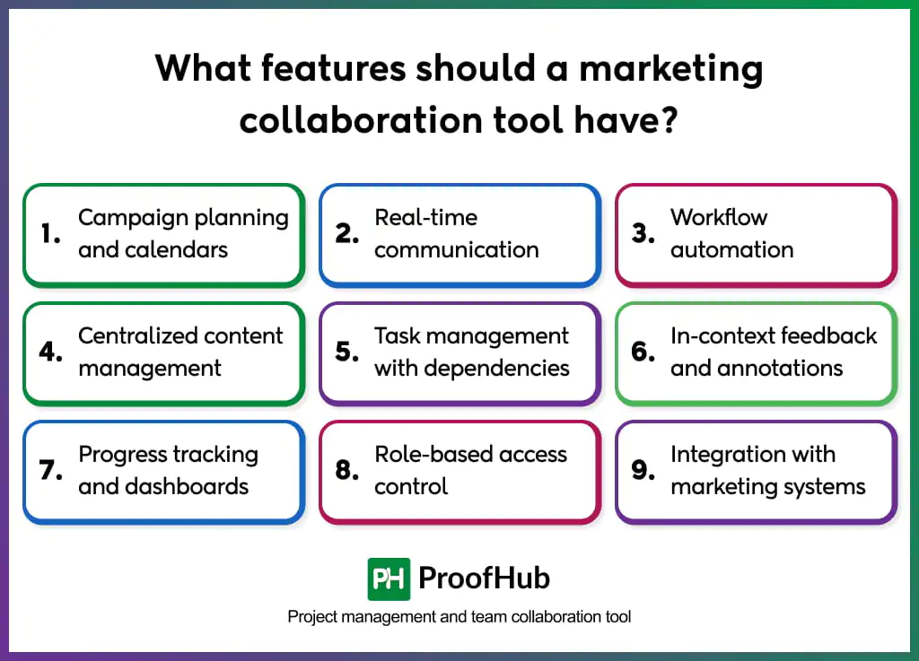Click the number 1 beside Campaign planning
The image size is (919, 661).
(x=49, y=234)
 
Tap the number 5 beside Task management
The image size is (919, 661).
(x=346, y=352)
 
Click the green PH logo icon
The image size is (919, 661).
(x=389, y=578)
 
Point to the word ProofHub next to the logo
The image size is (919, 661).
(x=484, y=578)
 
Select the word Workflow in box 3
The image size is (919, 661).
(x=719, y=218)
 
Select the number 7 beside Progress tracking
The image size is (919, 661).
(x=49, y=471)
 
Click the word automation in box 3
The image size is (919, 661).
(x=731, y=250)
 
